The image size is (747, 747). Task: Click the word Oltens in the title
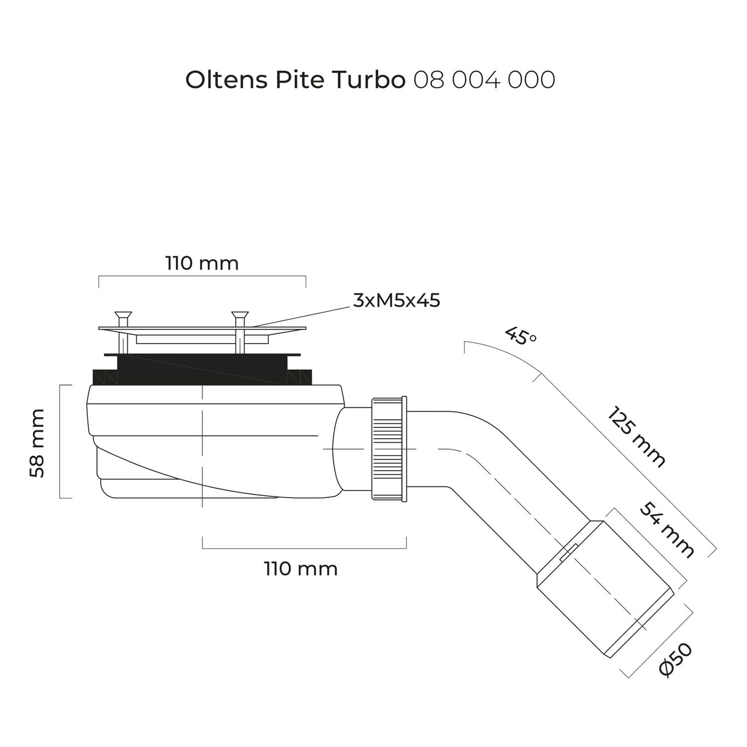pos(226,80)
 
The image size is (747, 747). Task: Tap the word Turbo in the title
pos(368,80)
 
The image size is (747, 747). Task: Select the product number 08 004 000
pos(484,80)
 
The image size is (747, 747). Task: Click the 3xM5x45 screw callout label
pos(396,301)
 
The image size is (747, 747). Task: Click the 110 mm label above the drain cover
pos(202,263)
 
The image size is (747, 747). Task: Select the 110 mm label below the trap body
pos(301,568)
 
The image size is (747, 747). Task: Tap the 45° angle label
pos(521,336)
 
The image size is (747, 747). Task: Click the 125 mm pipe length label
pos(636,438)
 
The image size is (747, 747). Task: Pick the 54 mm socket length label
pos(666,529)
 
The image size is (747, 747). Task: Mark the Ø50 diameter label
pos(675,659)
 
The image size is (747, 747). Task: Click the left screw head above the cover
pos(121,315)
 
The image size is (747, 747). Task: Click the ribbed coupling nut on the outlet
pos(389,449)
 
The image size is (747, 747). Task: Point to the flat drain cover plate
pos(202,329)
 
